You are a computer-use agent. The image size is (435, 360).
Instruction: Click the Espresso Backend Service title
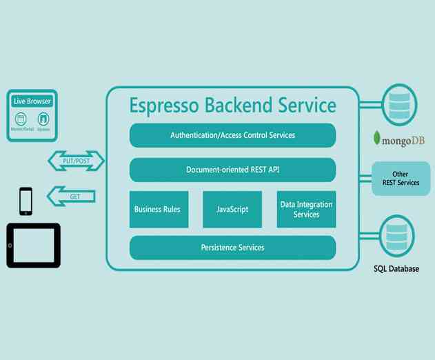click(x=232, y=106)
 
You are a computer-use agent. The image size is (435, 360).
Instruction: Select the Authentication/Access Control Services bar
click(x=232, y=135)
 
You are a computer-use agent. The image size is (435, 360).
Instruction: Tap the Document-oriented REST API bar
click(x=232, y=170)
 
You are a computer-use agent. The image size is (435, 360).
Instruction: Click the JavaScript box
click(x=232, y=209)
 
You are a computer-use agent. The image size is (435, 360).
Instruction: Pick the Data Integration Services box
click(x=306, y=209)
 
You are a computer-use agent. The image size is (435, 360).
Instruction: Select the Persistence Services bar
click(x=232, y=248)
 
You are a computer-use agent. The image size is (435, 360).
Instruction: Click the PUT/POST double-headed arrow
click(x=75, y=161)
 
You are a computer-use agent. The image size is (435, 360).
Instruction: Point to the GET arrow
click(x=72, y=197)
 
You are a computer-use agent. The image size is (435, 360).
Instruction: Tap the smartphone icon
click(x=26, y=201)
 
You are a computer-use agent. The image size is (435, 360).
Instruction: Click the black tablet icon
click(x=33, y=245)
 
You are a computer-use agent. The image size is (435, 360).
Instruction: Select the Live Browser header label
click(x=32, y=101)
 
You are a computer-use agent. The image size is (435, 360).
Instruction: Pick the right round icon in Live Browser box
click(x=43, y=119)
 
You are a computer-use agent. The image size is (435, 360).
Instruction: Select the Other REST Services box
click(x=401, y=178)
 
